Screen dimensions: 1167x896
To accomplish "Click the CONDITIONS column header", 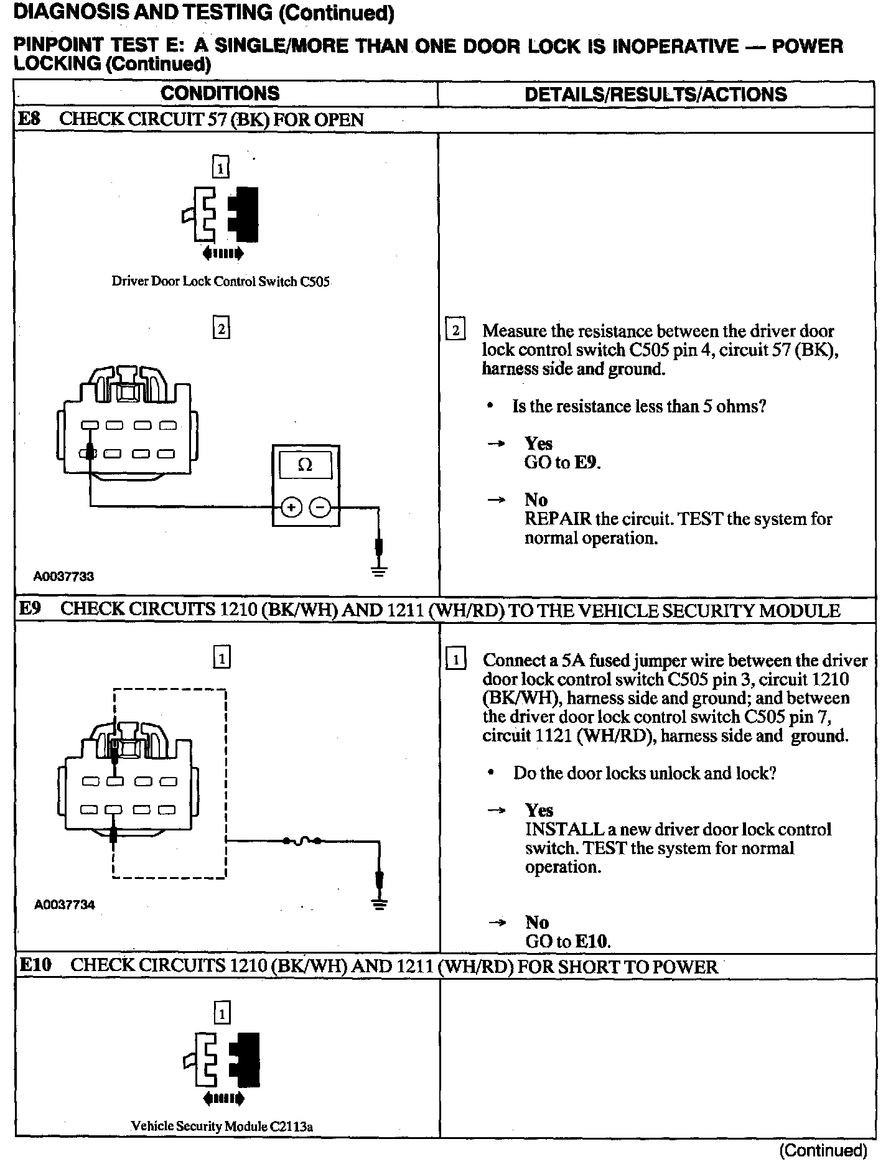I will (x=220, y=94).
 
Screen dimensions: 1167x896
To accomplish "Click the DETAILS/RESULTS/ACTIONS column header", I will (x=656, y=95).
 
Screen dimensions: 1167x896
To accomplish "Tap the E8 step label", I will (x=30, y=119).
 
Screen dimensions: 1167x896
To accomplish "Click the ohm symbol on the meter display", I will (x=305, y=465).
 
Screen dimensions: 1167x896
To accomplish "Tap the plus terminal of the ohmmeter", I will (x=291, y=508).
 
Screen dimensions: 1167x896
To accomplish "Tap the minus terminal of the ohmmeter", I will (x=320, y=508).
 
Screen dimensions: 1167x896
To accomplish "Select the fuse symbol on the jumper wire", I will (x=302, y=841).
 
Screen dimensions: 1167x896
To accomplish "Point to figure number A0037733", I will (x=63, y=576).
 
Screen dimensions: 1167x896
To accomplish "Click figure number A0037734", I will (x=64, y=904).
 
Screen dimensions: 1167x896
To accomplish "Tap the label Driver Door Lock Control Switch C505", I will (x=220, y=281).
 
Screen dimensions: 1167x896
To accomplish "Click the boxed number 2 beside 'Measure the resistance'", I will (x=455, y=330).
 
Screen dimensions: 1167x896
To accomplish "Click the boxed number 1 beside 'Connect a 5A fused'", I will (x=455, y=659).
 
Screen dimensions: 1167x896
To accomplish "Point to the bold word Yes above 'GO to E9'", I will (x=538, y=444).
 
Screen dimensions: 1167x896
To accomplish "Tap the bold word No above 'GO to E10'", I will (x=536, y=922).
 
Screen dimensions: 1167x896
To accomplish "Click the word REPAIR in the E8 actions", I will (x=556, y=519).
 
